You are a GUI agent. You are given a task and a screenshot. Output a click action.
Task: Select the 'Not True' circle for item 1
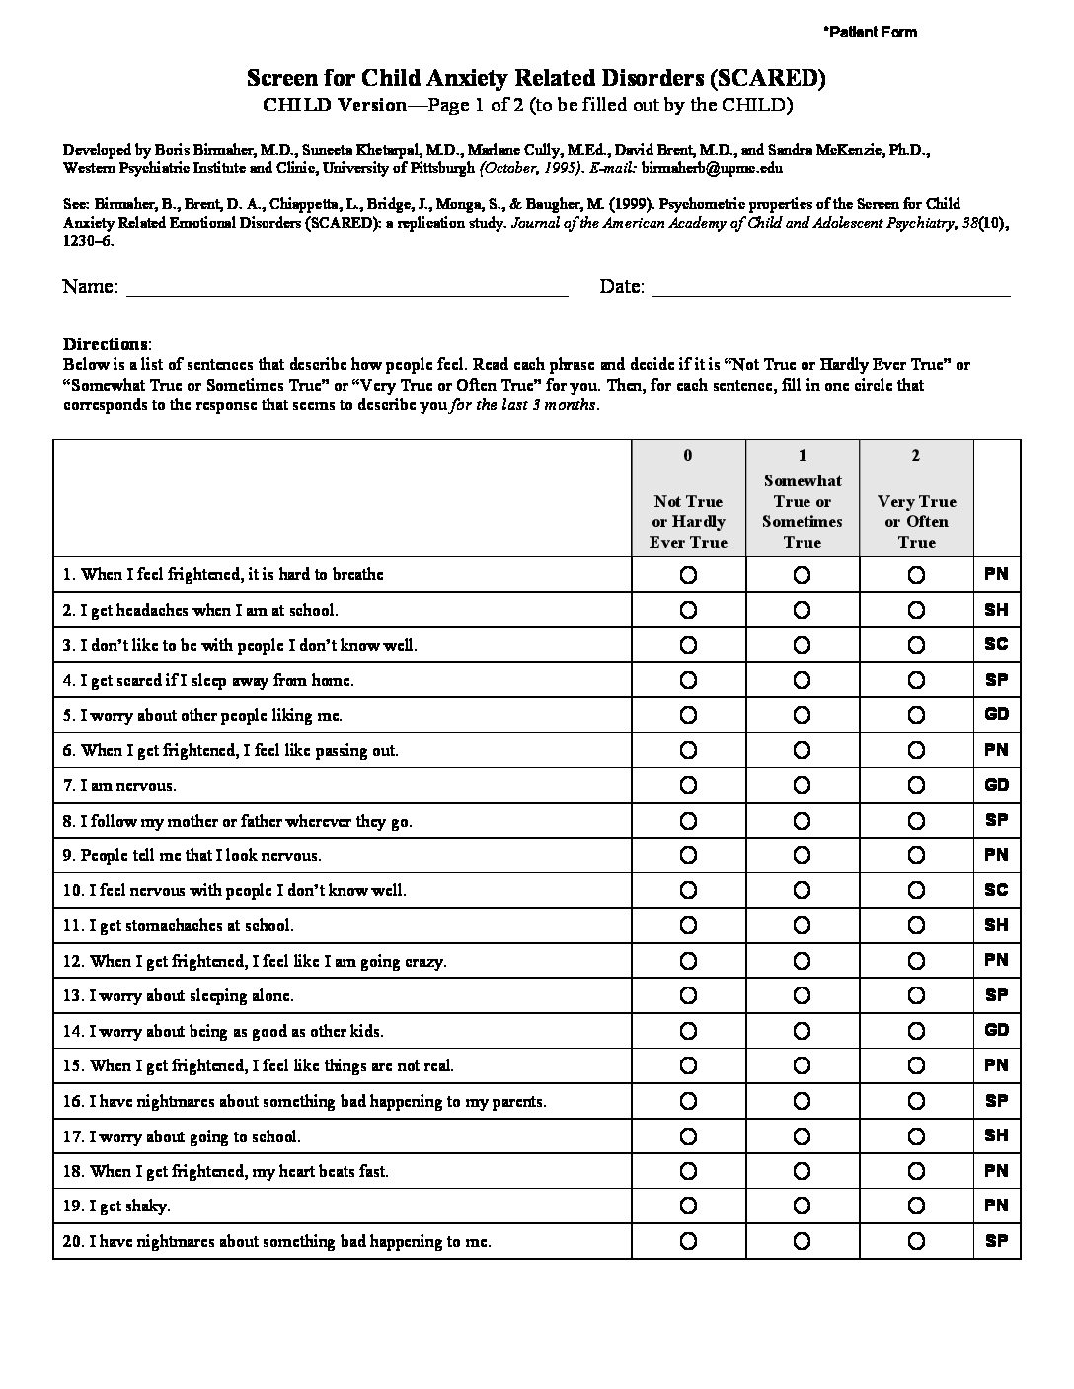click(688, 574)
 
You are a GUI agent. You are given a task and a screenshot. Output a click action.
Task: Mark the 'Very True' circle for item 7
click(916, 785)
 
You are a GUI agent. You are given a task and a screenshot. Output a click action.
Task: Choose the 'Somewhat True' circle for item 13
click(802, 995)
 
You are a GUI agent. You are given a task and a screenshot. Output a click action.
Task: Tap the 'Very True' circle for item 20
click(916, 1241)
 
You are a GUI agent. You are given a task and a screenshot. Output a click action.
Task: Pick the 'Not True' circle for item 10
click(688, 891)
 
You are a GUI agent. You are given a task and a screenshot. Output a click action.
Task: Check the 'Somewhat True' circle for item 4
click(802, 680)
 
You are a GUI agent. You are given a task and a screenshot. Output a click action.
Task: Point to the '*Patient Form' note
click(870, 32)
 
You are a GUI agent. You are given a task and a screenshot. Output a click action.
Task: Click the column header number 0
click(688, 455)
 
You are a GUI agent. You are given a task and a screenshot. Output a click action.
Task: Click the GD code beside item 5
click(996, 714)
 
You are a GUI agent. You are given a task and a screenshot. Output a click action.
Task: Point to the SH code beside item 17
click(996, 1135)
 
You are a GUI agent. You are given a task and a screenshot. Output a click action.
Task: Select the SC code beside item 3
click(996, 644)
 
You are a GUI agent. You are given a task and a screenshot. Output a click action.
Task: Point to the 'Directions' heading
click(107, 344)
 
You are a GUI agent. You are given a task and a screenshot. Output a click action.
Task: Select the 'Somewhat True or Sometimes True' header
click(802, 511)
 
